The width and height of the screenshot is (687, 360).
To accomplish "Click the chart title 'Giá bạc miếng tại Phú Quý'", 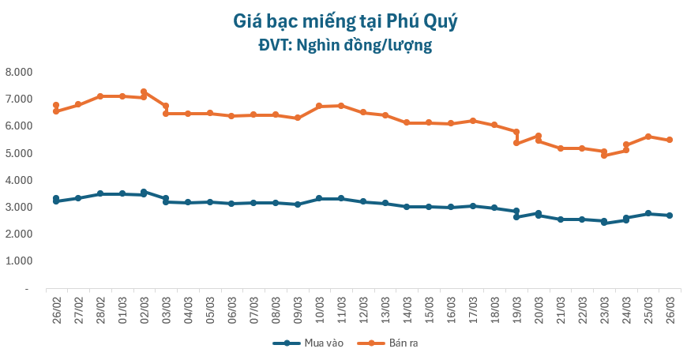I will click(x=345, y=21).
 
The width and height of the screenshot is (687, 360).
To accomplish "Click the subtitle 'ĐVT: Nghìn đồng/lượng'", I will click(x=345, y=45).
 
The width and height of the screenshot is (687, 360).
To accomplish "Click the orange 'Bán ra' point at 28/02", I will click(x=100, y=96).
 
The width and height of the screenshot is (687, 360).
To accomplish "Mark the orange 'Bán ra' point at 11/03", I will click(x=341, y=106).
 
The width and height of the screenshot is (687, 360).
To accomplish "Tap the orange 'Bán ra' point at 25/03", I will click(x=648, y=137).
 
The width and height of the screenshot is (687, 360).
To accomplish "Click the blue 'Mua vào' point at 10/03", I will click(x=319, y=199).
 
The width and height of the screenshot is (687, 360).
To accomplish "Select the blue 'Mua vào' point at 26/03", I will click(x=670, y=216).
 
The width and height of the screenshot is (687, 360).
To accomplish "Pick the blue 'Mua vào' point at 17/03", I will click(x=472, y=206).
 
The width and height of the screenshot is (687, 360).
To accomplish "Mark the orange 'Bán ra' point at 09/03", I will click(x=297, y=118).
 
